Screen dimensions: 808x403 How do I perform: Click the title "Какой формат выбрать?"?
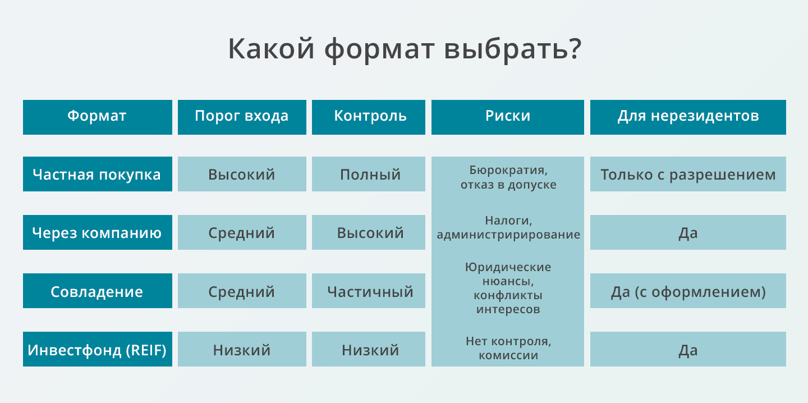(x=405, y=49)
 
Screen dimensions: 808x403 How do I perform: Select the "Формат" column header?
(x=98, y=117)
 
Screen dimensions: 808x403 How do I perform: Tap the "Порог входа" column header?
(x=242, y=117)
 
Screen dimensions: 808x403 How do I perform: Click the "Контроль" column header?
(x=369, y=117)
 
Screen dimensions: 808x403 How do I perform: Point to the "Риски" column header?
(x=507, y=117)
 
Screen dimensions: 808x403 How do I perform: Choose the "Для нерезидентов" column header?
(x=688, y=117)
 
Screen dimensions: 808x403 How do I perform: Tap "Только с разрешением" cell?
(x=688, y=174)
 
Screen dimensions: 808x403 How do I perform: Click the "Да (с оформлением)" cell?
(x=688, y=291)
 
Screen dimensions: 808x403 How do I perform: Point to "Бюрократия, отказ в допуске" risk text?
(x=508, y=177)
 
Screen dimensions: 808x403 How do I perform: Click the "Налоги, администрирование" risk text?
(x=508, y=227)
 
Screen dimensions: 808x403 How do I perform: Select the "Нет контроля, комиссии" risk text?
(x=508, y=348)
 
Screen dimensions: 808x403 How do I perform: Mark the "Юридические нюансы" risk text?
(x=508, y=274)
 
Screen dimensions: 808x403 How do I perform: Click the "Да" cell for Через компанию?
(x=688, y=232)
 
